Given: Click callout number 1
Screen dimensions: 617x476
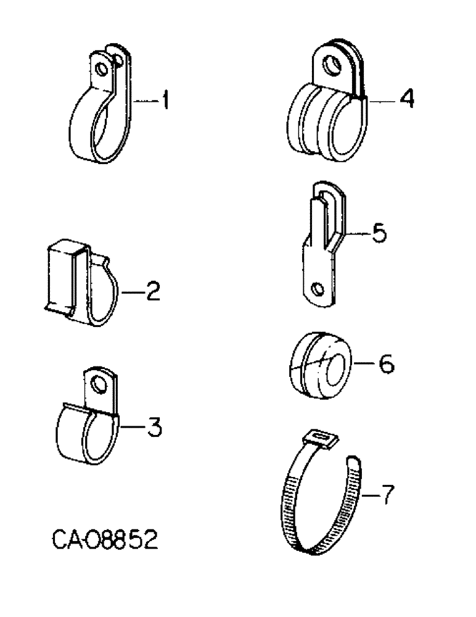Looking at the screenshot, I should [164, 101].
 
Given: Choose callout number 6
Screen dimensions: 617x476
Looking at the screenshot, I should [384, 365].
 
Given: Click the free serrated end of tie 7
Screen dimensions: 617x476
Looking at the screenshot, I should [355, 464].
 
